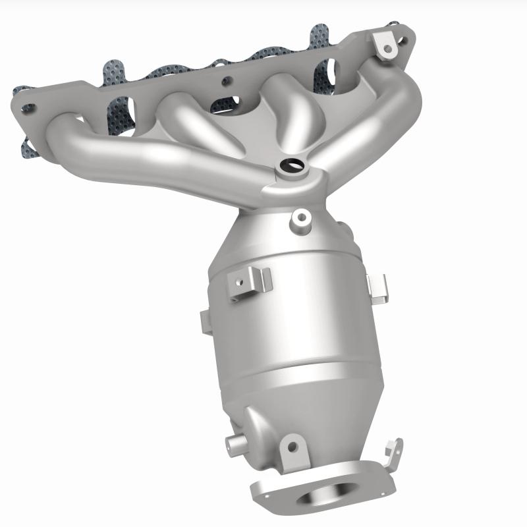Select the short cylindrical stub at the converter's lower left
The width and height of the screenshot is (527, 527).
(x=234, y=441)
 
